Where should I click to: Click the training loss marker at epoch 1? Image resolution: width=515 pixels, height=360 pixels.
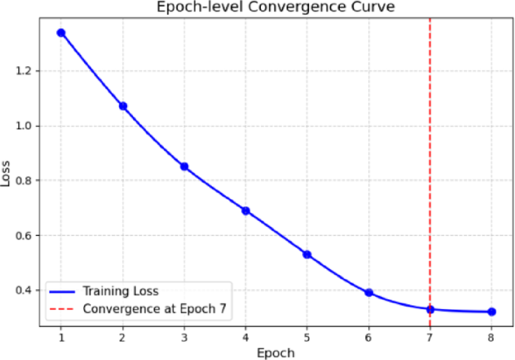point(61,33)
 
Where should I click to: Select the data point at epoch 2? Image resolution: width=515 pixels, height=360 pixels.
point(123,106)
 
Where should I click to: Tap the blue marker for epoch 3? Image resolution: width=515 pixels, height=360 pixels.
point(184,166)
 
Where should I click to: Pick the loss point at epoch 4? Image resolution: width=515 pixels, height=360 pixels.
point(246,210)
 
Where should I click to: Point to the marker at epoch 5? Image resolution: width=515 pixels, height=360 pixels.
point(307,254)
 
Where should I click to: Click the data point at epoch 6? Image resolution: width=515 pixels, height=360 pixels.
point(368,292)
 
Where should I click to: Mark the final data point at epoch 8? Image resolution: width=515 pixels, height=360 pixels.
point(491,311)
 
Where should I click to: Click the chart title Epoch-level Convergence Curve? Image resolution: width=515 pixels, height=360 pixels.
point(276,8)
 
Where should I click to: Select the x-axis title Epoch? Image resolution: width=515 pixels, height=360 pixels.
point(276,352)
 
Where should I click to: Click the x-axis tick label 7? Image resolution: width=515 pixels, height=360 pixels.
point(430,337)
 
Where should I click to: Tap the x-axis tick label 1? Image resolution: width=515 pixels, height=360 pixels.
point(61,337)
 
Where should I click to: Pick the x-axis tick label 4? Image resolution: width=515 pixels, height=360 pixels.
point(246,337)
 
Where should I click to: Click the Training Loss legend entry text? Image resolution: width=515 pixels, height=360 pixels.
point(120,291)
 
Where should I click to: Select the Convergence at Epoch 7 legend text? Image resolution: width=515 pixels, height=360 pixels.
point(154,307)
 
